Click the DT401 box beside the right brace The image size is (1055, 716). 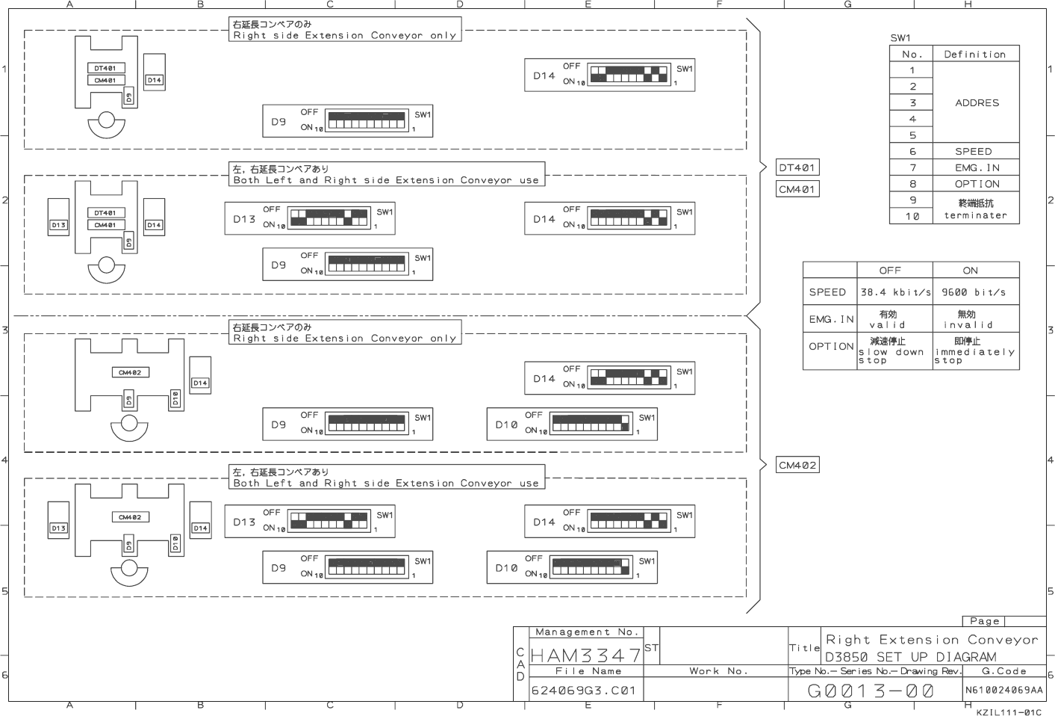coord(797,167)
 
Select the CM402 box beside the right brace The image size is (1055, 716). coord(797,465)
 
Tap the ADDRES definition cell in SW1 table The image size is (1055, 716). coord(977,102)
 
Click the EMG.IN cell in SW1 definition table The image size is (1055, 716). coord(977,167)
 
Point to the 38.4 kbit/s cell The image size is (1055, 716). coord(895,292)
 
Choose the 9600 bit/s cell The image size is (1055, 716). coord(974,292)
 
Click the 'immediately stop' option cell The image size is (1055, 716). coord(974,351)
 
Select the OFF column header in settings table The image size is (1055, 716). coord(890,270)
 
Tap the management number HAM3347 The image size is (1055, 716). coord(585,655)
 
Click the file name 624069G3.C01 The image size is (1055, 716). coord(583,691)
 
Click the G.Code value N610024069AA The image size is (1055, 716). coord(1003,690)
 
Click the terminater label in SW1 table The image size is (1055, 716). coord(975,215)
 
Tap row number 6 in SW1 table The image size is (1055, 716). coord(912,151)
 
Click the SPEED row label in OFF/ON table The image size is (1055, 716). coord(827,292)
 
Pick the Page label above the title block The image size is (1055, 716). coord(984,621)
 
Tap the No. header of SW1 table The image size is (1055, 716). coord(912,54)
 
